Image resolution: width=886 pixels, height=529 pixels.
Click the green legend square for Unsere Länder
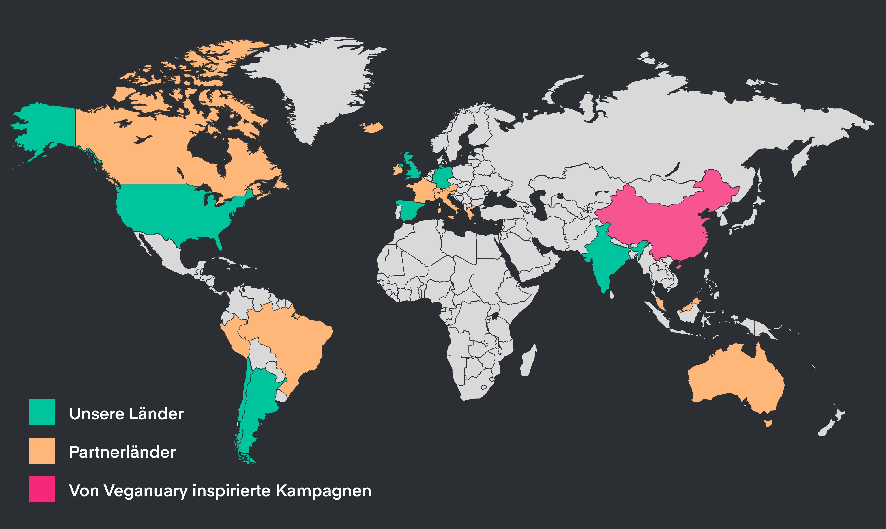point(42,412)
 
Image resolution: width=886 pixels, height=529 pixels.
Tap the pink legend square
point(42,489)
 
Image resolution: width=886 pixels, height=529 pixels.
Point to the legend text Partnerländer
point(122,452)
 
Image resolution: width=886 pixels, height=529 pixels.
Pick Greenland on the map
point(314,82)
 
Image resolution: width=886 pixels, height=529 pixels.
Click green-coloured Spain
point(410,210)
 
